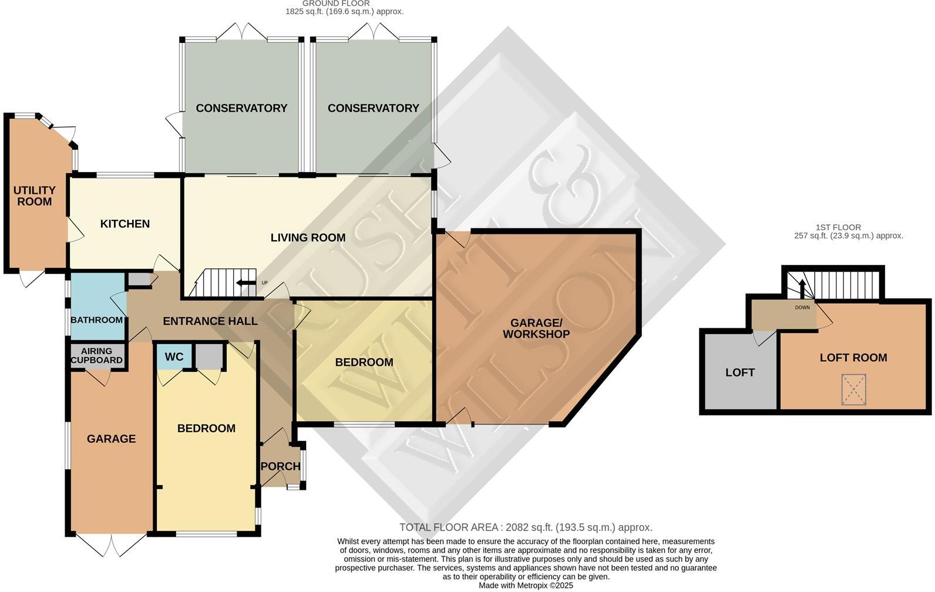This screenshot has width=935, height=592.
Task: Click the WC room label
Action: pos(174,357)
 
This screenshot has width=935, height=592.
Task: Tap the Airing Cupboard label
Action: pos(97,356)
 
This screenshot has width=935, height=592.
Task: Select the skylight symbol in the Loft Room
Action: pos(853,389)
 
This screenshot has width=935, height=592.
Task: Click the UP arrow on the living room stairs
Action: pos(242,283)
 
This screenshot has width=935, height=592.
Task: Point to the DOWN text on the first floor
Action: pos(802,307)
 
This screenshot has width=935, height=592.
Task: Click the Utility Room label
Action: pos(34,196)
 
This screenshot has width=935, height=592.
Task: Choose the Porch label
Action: pos(280,466)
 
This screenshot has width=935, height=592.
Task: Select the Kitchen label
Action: pos(125,224)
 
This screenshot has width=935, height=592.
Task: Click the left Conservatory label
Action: pos(241,108)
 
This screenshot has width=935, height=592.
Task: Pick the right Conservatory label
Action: pos(373,108)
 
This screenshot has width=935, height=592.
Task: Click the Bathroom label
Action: pos(96,320)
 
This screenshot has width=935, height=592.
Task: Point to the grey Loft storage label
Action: pos(739,372)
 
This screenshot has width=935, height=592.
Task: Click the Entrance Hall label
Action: pos(210,321)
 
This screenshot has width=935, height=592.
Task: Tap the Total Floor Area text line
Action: pos(525,527)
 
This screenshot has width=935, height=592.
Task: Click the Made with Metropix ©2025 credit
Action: pos(525,586)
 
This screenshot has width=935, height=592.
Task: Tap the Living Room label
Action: pos(308,238)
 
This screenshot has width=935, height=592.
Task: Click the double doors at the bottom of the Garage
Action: pos(110,545)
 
